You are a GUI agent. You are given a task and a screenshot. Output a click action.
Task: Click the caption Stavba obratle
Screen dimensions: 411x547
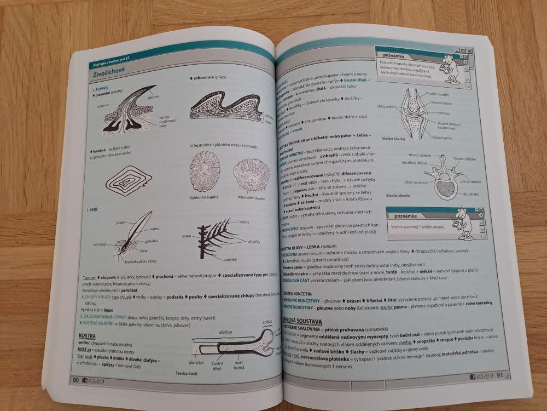pyautogui.click(x=398, y=195)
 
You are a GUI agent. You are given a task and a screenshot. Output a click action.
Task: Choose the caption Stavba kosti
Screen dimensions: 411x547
pyautogui.click(x=187, y=373)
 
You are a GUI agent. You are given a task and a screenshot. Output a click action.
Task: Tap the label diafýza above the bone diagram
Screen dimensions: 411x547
pyautogui.click(x=225, y=332)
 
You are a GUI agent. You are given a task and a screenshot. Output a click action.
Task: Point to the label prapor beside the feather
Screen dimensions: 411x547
pyautogui.click(x=121, y=223)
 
